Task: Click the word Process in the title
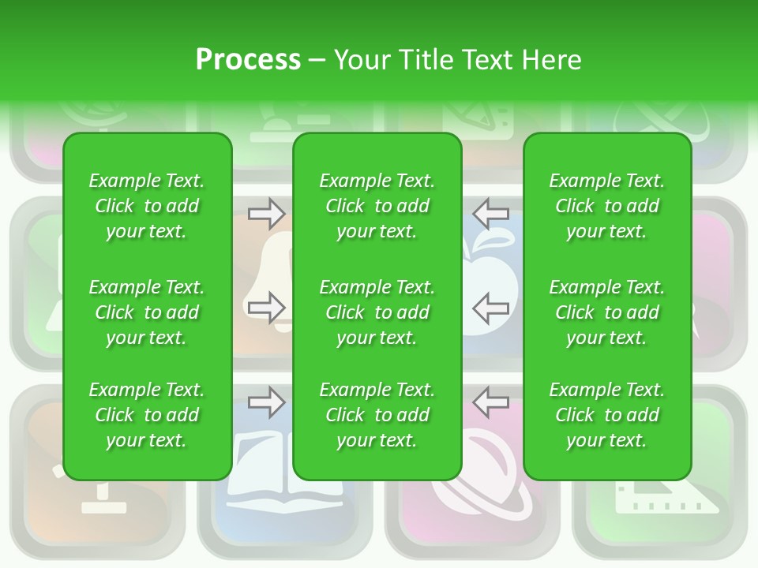coord(248,60)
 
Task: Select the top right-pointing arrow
coord(266,212)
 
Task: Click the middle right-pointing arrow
coord(266,307)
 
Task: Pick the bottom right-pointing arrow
coord(266,402)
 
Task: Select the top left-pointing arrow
coord(491,212)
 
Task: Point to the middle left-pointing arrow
coord(491,307)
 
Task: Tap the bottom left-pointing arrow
coord(491,402)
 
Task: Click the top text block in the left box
coord(147,206)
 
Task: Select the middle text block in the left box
coord(147,312)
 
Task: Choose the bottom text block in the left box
coord(147,415)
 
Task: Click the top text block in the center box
coord(377,206)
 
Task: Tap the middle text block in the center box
coord(377,312)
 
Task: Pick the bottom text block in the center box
coord(377,415)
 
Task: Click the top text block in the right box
coord(606,206)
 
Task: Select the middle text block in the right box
coord(606,312)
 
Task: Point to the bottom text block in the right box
coord(606,415)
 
